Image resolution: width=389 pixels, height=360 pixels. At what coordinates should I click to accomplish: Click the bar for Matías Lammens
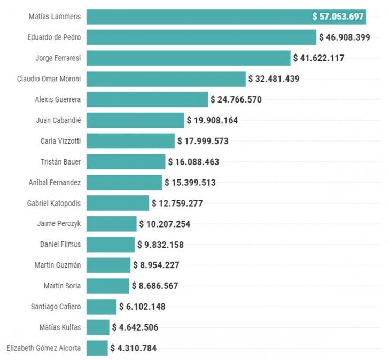click(x=198, y=17)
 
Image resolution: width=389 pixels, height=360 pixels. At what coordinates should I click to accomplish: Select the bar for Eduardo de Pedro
click(x=201, y=37)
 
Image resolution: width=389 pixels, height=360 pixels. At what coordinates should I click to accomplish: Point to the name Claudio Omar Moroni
click(x=49, y=79)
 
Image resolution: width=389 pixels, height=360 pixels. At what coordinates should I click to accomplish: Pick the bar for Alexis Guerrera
click(x=147, y=99)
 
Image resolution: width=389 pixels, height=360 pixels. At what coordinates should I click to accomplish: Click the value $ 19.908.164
click(x=212, y=120)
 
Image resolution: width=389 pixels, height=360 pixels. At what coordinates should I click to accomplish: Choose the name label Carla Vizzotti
click(x=60, y=141)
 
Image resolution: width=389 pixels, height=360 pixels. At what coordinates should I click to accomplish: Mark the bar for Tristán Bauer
click(x=126, y=162)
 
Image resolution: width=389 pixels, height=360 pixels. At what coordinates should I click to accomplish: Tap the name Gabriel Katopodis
click(x=54, y=203)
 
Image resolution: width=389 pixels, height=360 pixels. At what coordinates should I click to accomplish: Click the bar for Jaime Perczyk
click(x=111, y=224)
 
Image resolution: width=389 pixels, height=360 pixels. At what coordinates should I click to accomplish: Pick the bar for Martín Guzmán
click(x=108, y=265)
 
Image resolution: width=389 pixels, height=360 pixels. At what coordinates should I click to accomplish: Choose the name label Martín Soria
click(x=62, y=286)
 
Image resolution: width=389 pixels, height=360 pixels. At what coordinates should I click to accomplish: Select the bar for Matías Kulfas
click(x=98, y=327)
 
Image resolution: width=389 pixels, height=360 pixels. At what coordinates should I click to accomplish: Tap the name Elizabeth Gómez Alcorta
click(x=44, y=348)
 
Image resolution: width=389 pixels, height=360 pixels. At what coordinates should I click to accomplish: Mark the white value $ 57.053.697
click(x=338, y=17)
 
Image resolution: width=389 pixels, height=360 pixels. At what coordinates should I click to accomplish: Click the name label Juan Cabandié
click(x=59, y=120)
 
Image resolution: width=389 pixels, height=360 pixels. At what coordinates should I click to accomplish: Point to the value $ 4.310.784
click(x=134, y=348)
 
